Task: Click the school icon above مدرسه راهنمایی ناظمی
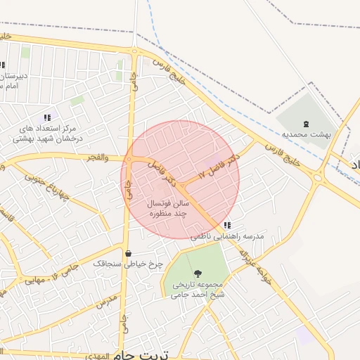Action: coord(226,225)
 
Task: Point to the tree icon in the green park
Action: coord(198,273)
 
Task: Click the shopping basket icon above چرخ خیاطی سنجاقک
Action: coord(128,253)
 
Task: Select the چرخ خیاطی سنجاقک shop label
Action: coord(128,264)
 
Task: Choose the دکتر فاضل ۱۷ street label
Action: coord(219,165)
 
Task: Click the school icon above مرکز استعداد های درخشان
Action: coord(47,117)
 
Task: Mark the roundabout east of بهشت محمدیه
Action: coord(319,177)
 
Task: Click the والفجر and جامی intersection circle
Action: coord(130,159)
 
